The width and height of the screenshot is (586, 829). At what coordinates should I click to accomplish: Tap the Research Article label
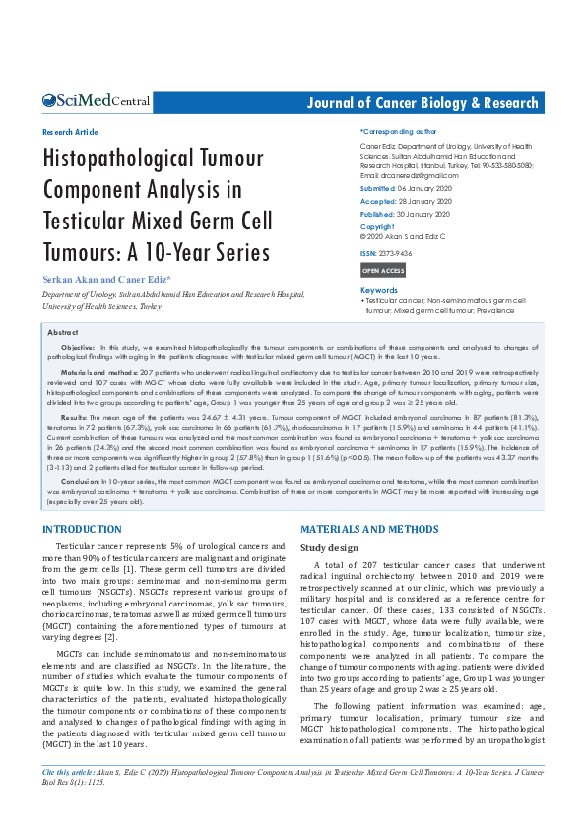pos(70,131)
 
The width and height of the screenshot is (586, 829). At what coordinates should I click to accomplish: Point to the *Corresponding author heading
pos(398,130)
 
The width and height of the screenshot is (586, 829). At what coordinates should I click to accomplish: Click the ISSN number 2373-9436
pos(398,252)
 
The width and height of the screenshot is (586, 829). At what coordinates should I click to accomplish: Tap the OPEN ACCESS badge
pos(383,270)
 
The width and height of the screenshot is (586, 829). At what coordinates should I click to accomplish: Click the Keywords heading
pos(379,290)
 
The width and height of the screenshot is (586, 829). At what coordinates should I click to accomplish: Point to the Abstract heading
pos(63,333)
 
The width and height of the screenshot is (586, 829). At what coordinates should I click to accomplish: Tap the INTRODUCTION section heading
pos(82,530)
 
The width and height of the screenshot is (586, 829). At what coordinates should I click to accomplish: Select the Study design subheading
pos(330,547)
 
